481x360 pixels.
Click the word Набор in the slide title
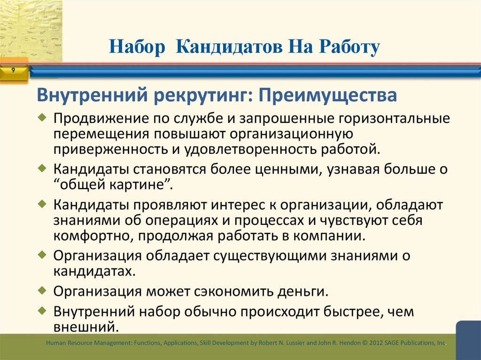tap(138, 47)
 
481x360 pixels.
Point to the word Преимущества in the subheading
tap(329, 96)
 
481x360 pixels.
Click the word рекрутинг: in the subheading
tap(204, 96)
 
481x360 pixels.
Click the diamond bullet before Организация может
tap(43, 290)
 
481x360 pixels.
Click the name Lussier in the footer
tap(293, 344)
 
